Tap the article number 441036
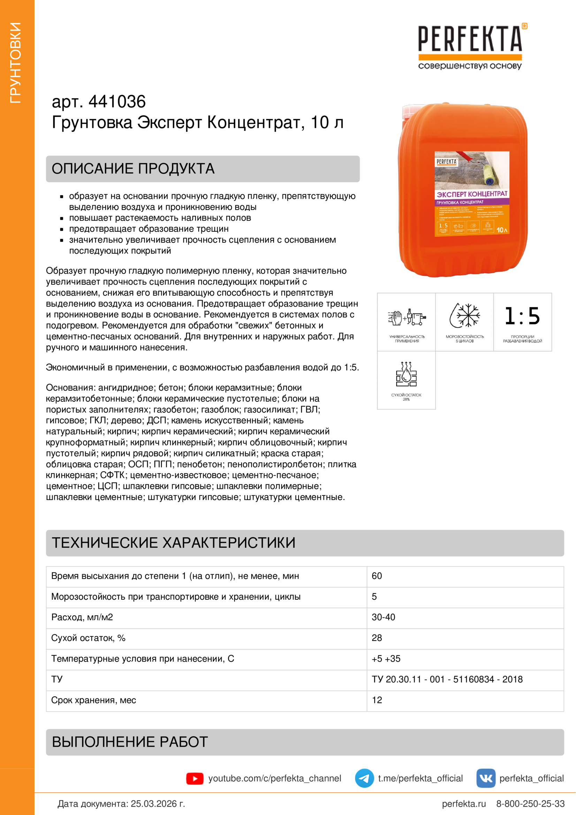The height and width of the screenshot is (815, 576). [x=117, y=102]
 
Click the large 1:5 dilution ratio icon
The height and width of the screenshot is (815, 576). [x=522, y=316]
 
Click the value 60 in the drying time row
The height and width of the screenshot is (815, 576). [x=377, y=576]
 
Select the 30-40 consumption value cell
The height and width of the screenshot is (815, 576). [x=383, y=617]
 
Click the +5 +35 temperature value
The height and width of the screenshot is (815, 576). [x=386, y=659]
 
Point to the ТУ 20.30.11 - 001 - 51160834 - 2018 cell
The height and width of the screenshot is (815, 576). [x=447, y=679]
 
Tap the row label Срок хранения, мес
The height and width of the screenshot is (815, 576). [x=94, y=700]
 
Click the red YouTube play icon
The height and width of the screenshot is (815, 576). [x=195, y=778]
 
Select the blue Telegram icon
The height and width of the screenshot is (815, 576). [x=364, y=778]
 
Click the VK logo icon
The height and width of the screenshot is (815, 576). [x=486, y=778]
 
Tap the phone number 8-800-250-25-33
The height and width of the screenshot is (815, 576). [x=530, y=804]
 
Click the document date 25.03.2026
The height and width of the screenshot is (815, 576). [x=158, y=804]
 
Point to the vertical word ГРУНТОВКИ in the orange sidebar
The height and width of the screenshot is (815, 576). [x=16, y=63]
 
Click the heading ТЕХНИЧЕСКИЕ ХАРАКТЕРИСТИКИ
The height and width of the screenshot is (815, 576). [x=174, y=543]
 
